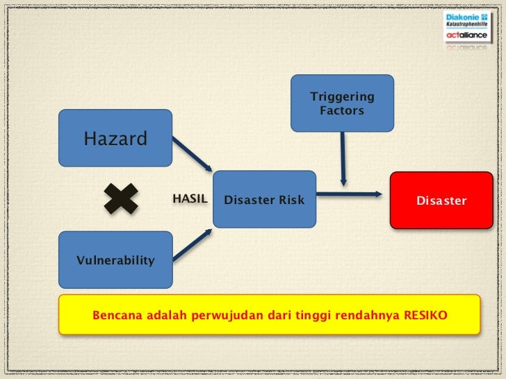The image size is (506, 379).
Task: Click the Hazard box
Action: (x=115, y=138)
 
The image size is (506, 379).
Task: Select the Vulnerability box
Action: (x=115, y=260)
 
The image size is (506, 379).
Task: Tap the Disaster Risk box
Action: (x=264, y=200)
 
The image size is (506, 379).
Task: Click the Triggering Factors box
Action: (x=342, y=103)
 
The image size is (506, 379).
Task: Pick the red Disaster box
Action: (x=441, y=200)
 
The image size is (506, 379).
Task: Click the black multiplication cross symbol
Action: (x=121, y=199)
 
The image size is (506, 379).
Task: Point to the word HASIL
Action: (x=190, y=199)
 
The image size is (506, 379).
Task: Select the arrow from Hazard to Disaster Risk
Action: (x=192, y=154)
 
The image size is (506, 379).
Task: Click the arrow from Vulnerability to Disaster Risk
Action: (x=192, y=245)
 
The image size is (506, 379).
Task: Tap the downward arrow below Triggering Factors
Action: (x=343, y=158)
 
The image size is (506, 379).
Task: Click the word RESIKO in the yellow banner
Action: (x=424, y=315)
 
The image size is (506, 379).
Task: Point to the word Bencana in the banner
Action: (x=116, y=315)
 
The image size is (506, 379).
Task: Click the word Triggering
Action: (x=342, y=96)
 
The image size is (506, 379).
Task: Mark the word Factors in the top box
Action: (x=342, y=110)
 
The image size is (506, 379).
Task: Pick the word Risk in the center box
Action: (x=291, y=200)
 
